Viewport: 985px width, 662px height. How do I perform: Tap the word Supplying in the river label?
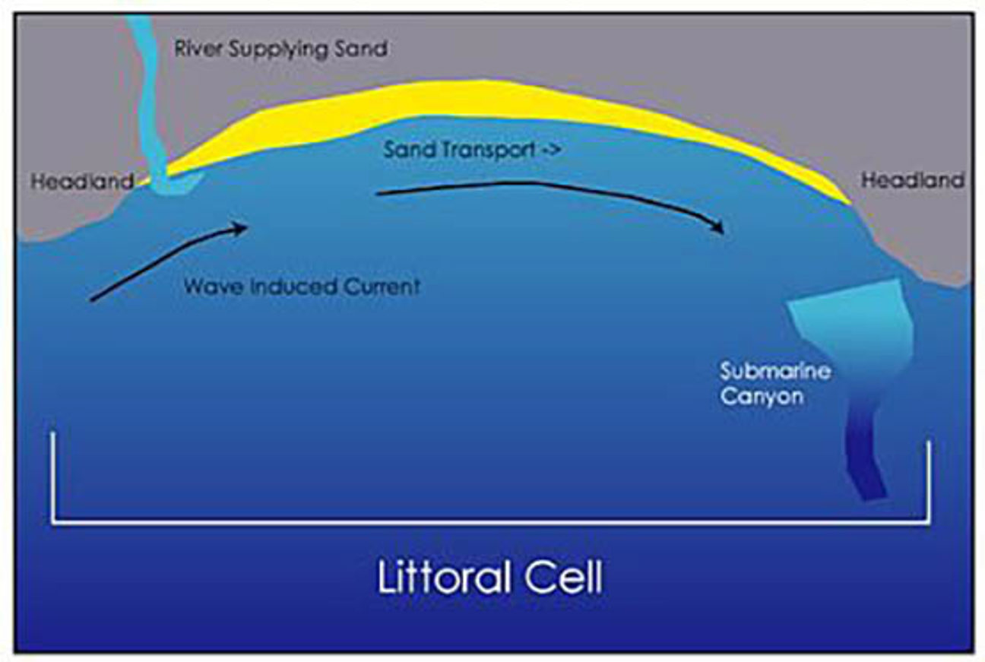coord(277,49)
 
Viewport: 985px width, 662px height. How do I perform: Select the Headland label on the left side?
coord(82,182)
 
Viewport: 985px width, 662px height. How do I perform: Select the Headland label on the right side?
coord(912,180)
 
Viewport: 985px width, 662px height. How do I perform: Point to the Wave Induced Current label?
coord(302,287)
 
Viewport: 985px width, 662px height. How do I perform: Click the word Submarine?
coord(774,372)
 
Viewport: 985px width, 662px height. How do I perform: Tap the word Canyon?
coord(762,396)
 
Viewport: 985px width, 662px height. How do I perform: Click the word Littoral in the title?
coord(442,578)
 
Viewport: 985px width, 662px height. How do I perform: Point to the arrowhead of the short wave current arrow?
coord(242,227)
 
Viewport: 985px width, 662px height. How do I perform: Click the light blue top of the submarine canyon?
coord(851,312)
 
